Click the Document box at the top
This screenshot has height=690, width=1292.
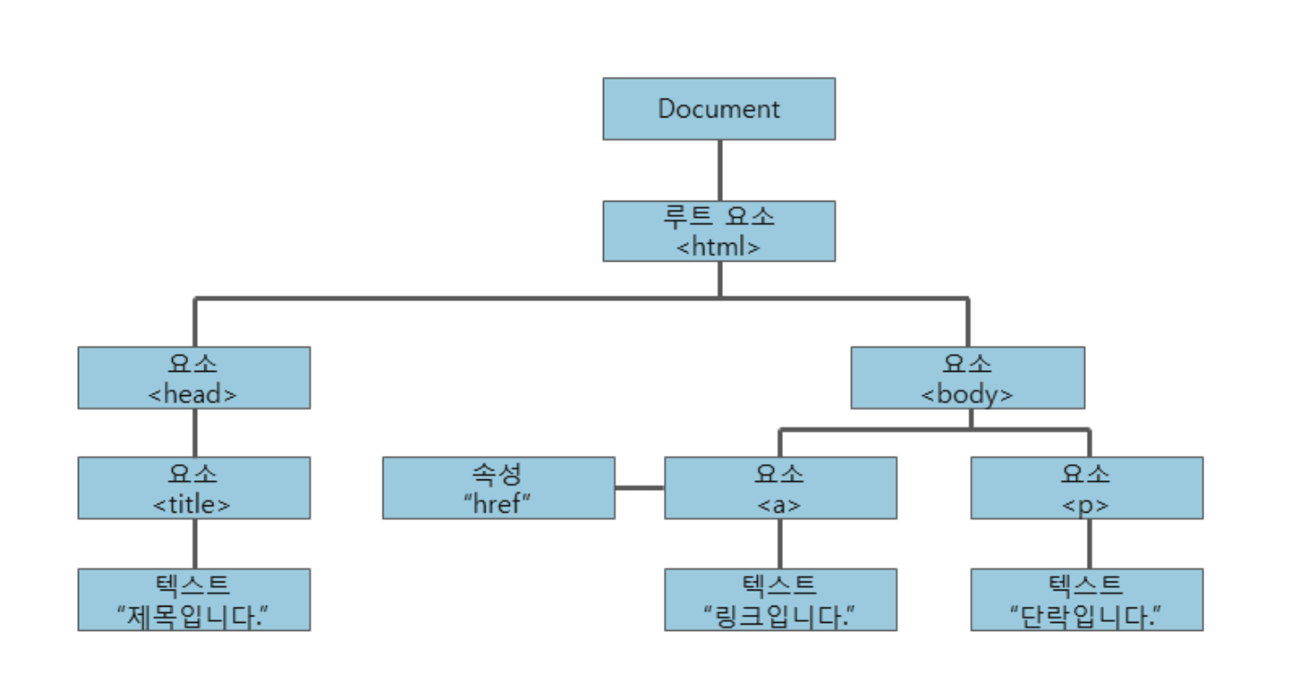[719, 108]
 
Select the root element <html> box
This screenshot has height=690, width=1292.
[719, 231]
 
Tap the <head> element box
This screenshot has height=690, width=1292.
[194, 377]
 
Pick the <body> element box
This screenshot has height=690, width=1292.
[968, 377]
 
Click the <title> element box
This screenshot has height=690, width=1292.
[194, 487]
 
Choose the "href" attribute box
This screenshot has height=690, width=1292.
[498, 487]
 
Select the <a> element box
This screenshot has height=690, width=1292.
[780, 487]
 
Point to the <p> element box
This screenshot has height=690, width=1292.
[1087, 487]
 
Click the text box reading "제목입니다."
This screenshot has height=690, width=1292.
[194, 599]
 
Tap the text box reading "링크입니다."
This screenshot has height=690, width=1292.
[780, 599]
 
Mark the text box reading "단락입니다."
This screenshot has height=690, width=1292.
[1087, 599]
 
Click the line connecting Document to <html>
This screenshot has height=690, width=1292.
[719, 170]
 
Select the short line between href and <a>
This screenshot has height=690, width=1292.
[640, 488]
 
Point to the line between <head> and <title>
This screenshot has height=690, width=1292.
[195, 433]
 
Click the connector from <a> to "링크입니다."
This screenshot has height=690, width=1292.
[780, 543]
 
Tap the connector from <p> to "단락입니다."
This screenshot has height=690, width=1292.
[1090, 543]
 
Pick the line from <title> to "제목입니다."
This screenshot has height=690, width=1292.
[195, 543]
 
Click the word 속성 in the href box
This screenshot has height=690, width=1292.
[498, 473]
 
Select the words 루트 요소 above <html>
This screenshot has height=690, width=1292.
[719, 218]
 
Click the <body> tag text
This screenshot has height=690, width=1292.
[968, 392]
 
